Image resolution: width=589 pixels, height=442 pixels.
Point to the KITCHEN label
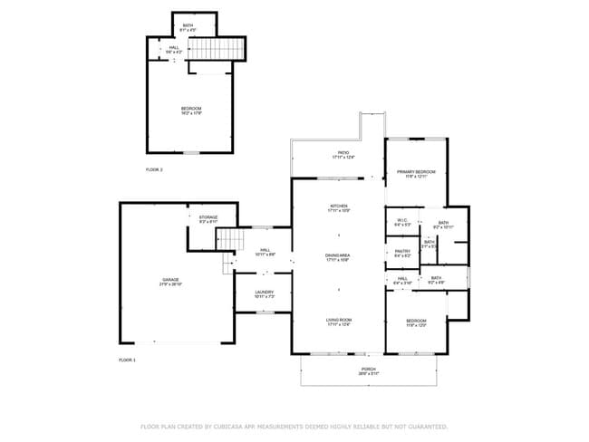click(338, 207)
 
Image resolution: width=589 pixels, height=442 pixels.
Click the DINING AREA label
click(338, 257)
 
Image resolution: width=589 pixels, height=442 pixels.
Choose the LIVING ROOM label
click(338, 321)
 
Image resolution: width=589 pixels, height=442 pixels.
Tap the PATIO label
click(343, 154)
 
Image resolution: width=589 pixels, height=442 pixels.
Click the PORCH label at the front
click(369, 370)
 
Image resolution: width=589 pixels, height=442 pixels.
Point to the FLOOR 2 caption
click(154, 169)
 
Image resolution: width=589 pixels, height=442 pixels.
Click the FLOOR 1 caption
click(127, 360)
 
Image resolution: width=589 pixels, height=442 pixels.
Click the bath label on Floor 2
click(188, 26)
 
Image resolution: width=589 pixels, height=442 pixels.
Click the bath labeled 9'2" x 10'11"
click(443, 224)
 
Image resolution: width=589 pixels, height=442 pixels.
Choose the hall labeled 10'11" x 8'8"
click(266, 252)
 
